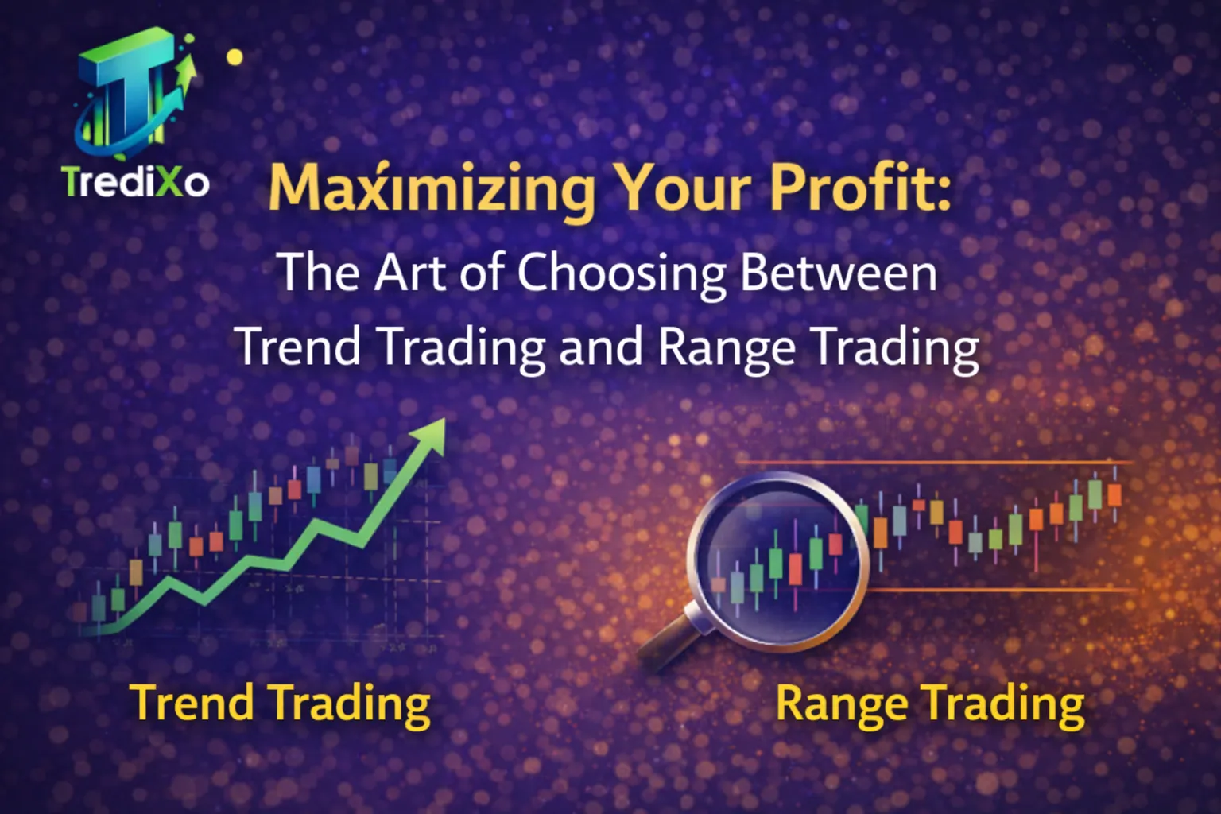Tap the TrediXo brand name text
(x=136, y=182)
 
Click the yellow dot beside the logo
(x=235, y=57)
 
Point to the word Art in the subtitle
(x=408, y=273)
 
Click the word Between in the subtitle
(x=839, y=273)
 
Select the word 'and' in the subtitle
(x=600, y=347)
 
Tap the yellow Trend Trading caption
(x=280, y=704)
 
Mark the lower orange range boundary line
(x=1002, y=590)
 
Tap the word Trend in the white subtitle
(x=299, y=347)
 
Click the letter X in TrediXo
(x=169, y=182)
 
